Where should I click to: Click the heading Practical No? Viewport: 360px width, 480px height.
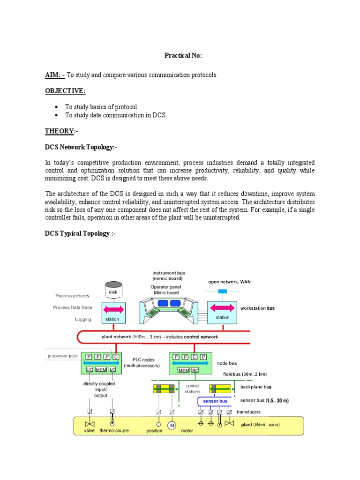click(183, 55)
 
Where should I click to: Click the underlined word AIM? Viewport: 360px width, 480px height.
click(54, 75)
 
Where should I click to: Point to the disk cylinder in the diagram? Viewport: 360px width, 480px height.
click(113, 290)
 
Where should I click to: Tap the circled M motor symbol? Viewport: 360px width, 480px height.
click(172, 425)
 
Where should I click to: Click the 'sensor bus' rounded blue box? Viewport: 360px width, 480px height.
click(215, 401)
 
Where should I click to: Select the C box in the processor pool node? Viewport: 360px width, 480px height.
click(115, 357)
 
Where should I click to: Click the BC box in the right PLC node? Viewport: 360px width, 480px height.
click(195, 370)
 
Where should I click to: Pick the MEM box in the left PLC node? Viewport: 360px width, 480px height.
click(101, 370)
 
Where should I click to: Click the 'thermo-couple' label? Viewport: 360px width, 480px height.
click(114, 430)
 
